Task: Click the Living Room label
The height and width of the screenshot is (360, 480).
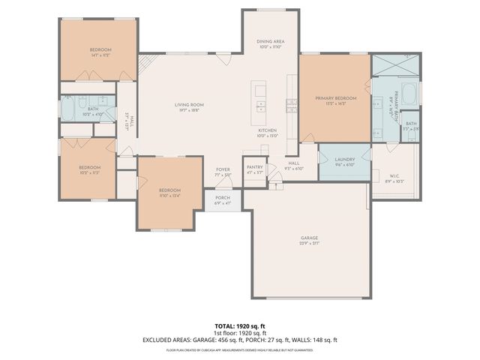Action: tap(190, 105)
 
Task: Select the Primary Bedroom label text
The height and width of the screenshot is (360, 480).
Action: tap(335, 97)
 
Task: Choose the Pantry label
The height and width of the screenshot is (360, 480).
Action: tap(254, 168)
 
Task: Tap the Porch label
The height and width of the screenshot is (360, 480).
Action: tap(223, 198)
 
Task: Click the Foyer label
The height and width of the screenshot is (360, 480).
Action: tap(223, 169)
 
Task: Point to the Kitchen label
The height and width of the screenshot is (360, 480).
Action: tap(268, 130)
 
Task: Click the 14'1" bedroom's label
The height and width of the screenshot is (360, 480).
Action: tap(100, 49)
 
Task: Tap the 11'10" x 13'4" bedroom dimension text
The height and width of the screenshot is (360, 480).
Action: tap(170, 196)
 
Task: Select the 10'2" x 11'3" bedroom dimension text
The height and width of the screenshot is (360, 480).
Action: tap(88, 172)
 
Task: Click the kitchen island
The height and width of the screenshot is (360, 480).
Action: tap(260, 103)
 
